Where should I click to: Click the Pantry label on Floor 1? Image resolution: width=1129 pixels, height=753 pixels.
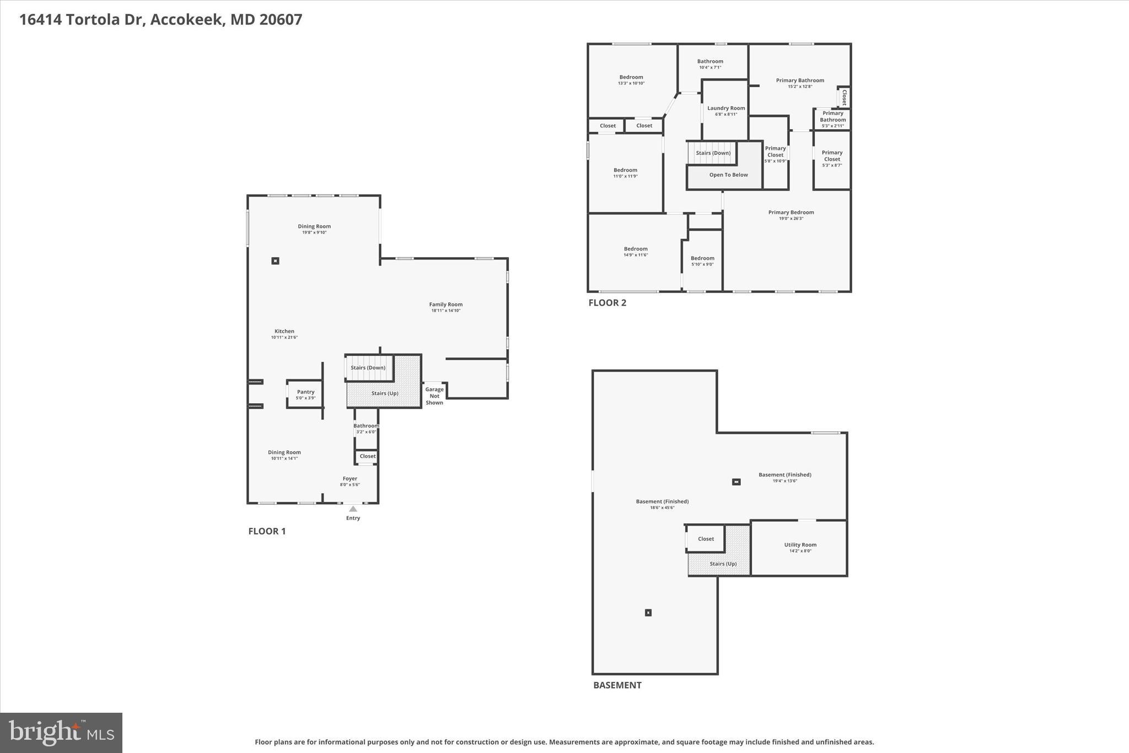pyautogui.click(x=305, y=392)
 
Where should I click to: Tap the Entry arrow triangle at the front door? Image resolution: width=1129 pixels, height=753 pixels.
pyautogui.click(x=353, y=509)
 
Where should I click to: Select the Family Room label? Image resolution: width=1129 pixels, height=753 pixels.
pyautogui.click(x=445, y=305)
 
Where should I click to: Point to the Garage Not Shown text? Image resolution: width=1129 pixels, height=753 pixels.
pyautogui.click(x=434, y=396)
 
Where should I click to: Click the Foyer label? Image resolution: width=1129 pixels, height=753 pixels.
pyautogui.click(x=350, y=479)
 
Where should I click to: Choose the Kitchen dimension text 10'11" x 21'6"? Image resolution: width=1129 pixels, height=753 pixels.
pyautogui.click(x=284, y=338)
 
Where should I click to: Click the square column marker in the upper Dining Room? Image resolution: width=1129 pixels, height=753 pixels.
pyautogui.click(x=275, y=261)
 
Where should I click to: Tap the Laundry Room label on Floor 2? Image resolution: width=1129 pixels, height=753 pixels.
pyautogui.click(x=726, y=108)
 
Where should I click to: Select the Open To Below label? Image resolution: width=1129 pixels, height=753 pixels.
pyautogui.click(x=728, y=175)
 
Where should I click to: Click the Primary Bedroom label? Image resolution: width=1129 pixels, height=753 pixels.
pyautogui.click(x=791, y=212)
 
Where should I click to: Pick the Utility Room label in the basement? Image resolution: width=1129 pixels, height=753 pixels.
pyautogui.click(x=800, y=544)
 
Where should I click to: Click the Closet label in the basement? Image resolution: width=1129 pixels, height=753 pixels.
pyautogui.click(x=706, y=539)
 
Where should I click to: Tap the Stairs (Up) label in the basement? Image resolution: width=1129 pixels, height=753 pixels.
pyautogui.click(x=723, y=564)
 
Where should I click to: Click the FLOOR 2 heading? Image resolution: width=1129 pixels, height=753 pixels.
pyautogui.click(x=607, y=303)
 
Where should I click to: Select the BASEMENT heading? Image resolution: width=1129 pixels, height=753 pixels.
pyautogui.click(x=617, y=685)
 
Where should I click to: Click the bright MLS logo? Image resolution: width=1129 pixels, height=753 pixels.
pyautogui.click(x=61, y=733)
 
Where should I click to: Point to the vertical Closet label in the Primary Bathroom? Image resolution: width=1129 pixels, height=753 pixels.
pyautogui.click(x=843, y=97)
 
